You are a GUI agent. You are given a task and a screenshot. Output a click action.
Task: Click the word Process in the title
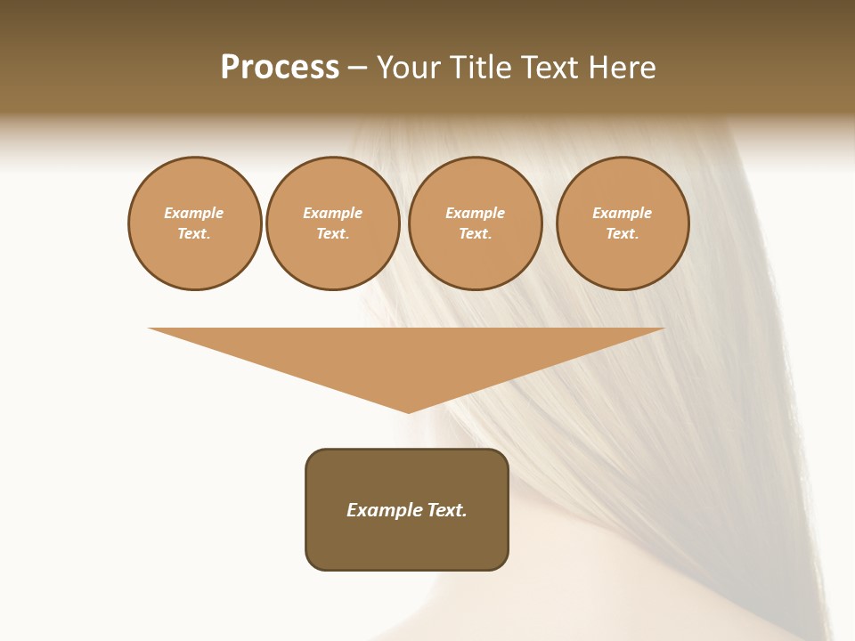pyautogui.click(x=280, y=67)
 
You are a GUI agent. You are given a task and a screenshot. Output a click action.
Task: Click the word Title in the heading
pyautogui.click(x=479, y=67)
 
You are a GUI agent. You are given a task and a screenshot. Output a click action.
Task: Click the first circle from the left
pyautogui.click(x=195, y=223)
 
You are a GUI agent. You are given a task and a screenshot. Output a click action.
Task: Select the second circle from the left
pyautogui.click(x=333, y=223)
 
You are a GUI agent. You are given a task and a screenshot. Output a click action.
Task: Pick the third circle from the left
pyautogui.click(x=476, y=223)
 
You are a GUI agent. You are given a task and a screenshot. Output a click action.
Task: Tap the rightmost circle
pyautogui.click(x=623, y=223)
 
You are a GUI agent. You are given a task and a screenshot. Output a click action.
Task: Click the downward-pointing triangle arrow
pyautogui.click(x=407, y=356)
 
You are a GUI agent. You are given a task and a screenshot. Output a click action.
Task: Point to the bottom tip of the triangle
pyautogui.click(x=408, y=411)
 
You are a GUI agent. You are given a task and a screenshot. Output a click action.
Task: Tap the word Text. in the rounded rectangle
pyautogui.click(x=447, y=510)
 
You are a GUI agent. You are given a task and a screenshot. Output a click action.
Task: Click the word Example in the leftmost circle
pyautogui.click(x=194, y=213)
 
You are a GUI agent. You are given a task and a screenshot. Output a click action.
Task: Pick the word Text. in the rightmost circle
pyautogui.click(x=623, y=234)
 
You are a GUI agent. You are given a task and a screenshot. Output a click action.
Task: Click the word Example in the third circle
pyautogui.click(x=476, y=213)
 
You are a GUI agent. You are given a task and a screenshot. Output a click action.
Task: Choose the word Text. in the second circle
pyautogui.click(x=333, y=234)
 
